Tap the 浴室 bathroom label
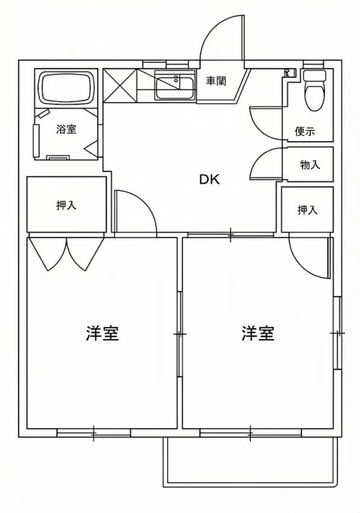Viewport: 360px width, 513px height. pyautogui.click(x=66, y=129)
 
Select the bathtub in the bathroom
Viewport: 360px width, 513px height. pyautogui.click(x=67, y=89)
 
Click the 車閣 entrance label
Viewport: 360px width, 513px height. pyautogui.click(x=216, y=81)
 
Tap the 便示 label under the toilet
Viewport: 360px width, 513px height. pyautogui.click(x=304, y=132)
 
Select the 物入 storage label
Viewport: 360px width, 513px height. pyautogui.click(x=310, y=165)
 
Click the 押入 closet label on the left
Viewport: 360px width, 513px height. pyautogui.click(x=66, y=205)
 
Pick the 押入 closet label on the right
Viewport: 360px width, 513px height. pyautogui.click(x=307, y=209)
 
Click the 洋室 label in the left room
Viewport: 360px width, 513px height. pyautogui.click(x=101, y=333)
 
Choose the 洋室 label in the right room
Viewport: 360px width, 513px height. pyautogui.click(x=258, y=333)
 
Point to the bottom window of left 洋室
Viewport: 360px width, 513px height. pyautogui.click(x=94, y=432)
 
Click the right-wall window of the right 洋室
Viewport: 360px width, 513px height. pyautogui.click(x=338, y=333)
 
